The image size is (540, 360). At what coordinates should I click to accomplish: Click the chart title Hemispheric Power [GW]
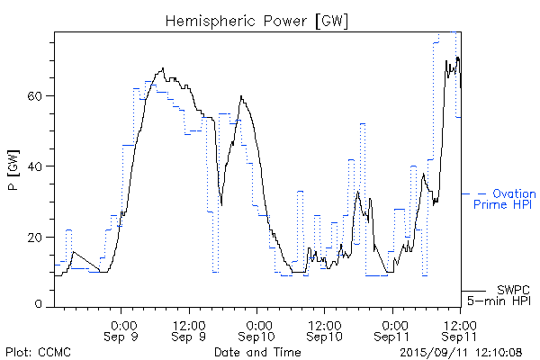point(257,20)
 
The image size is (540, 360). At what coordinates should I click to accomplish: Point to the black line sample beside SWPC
point(475,291)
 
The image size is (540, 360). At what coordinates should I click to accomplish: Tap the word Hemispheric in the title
point(206,20)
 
